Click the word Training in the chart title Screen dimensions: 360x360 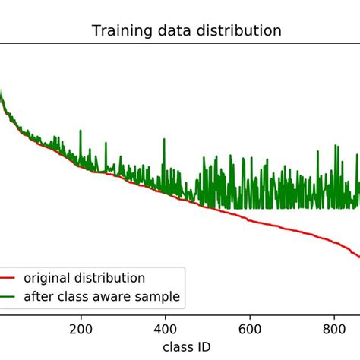click(x=118, y=31)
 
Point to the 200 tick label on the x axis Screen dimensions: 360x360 click(x=81, y=330)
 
